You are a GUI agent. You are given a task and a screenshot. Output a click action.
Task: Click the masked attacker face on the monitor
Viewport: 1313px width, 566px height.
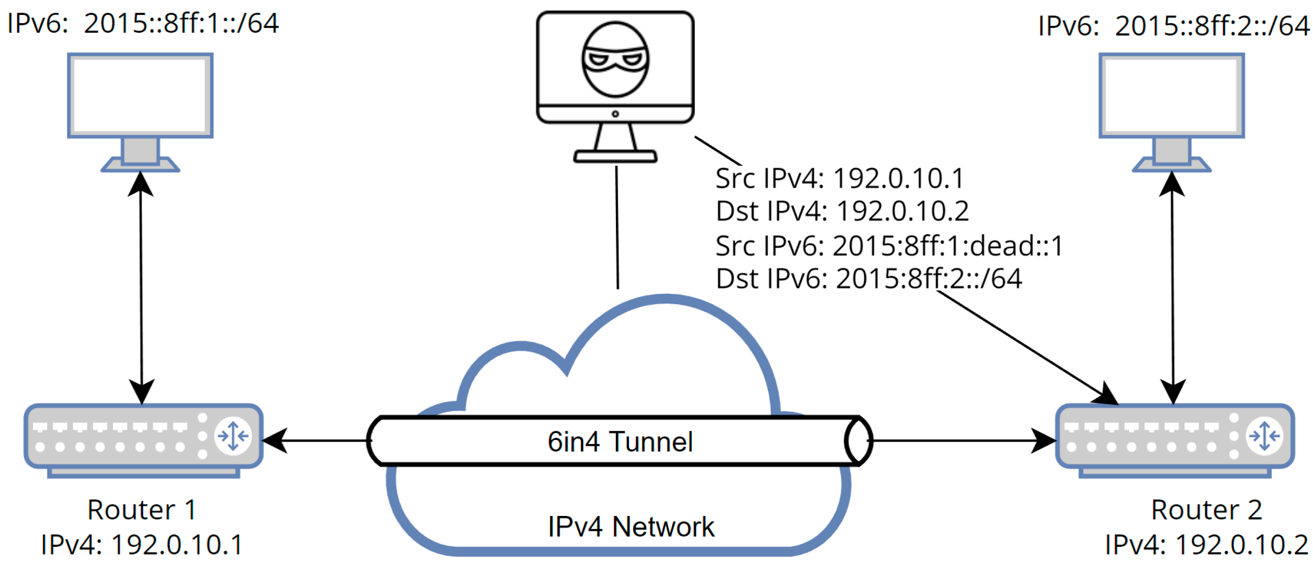[615, 60]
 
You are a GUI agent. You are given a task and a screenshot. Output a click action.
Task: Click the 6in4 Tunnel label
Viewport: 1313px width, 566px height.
[620, 442]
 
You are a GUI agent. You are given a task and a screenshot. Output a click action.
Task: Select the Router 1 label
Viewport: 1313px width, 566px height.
[142, 510]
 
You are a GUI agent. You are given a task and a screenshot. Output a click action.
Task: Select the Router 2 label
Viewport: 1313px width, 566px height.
[1206, 510]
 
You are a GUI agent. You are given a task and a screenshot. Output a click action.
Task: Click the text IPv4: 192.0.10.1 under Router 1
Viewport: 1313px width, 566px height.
[142, 545]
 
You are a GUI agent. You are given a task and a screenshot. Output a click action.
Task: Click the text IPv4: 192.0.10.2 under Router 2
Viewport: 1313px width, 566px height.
[1206, 545]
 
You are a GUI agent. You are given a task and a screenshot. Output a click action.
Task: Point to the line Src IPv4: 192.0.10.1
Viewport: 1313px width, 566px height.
[839, 178]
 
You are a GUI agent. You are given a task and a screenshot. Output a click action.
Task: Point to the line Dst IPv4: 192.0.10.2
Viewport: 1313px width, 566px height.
[842, 211]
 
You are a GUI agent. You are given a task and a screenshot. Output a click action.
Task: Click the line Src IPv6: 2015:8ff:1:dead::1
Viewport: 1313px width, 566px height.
[889, 246]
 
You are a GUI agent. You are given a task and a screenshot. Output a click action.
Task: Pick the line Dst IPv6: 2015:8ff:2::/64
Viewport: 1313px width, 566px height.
[869, 279]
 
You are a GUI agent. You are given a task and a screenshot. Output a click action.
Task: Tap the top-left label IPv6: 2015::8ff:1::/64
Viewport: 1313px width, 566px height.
[143, 24]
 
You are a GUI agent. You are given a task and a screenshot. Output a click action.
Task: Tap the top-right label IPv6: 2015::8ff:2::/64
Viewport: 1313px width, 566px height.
[1174, 25]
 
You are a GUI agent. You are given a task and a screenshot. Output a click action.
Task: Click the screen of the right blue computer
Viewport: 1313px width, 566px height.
[1171, 95]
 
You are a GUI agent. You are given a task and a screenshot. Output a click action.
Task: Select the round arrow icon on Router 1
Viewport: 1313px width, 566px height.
[233, 436]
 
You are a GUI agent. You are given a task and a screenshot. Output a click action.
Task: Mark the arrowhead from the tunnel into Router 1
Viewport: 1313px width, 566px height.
[274, 440]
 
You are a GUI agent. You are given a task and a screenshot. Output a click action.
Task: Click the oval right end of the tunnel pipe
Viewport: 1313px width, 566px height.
[858, 441]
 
